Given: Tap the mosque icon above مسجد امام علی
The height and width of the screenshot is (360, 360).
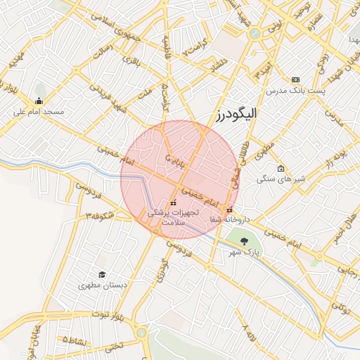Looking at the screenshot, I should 39,100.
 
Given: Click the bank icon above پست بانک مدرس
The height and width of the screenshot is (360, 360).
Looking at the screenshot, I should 295,80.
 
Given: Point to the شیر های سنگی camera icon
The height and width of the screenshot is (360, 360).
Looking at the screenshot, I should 281,169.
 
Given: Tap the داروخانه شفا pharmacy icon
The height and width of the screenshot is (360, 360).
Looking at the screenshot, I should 229,210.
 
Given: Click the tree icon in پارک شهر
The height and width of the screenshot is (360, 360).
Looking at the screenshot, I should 244,241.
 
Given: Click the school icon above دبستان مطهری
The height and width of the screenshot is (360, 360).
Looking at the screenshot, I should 103,275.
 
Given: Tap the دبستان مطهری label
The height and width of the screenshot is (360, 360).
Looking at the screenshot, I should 103,286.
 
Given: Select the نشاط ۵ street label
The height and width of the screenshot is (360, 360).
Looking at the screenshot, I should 76,339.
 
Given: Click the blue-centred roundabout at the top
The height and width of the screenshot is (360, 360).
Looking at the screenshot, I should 254,32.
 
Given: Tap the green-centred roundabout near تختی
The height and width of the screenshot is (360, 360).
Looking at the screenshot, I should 142,332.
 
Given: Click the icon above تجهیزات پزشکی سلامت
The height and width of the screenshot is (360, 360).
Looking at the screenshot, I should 173,203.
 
